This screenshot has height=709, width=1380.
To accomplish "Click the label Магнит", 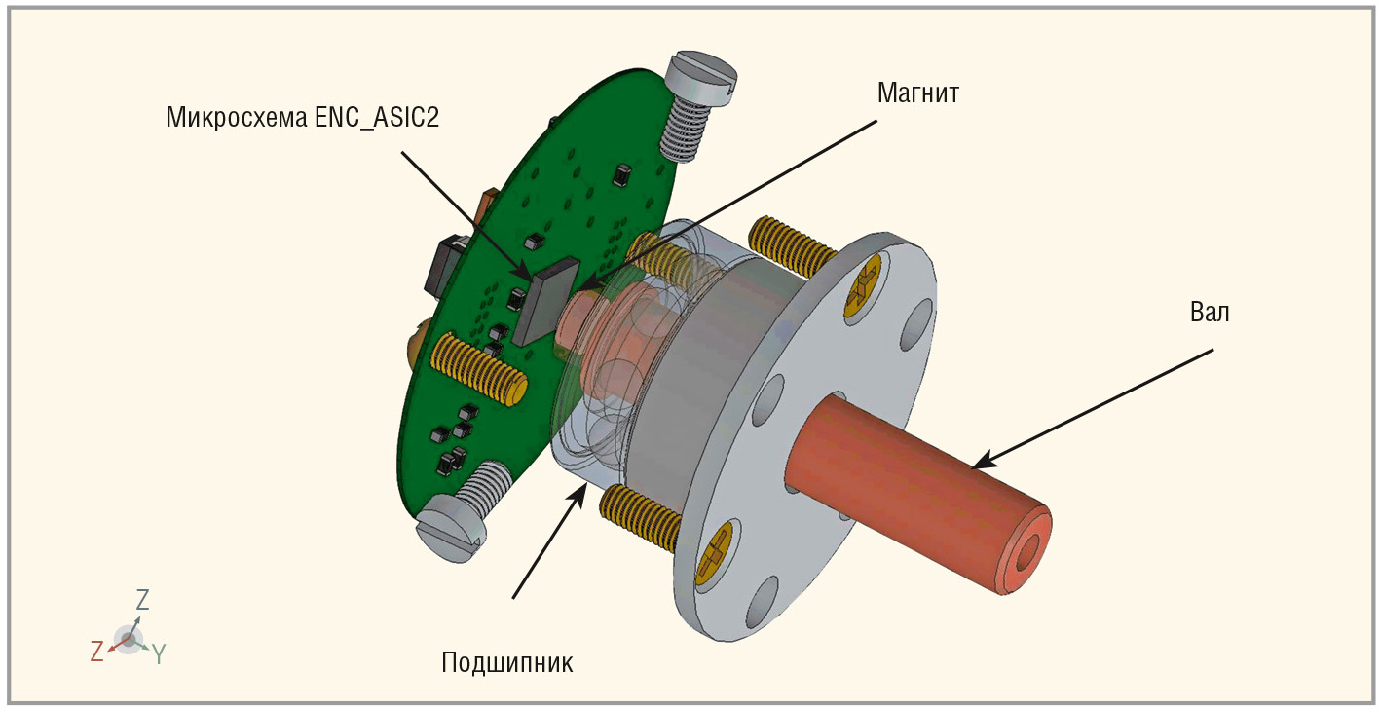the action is click(x=918, y=93).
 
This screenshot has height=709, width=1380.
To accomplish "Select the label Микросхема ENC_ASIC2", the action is click(x=303, y=117).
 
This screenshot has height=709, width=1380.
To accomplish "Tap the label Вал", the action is click(x=1210, y=313).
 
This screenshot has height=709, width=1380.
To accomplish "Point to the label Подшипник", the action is click(x=507, y=663).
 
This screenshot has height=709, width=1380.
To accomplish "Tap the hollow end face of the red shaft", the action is click(x=1026, y=549).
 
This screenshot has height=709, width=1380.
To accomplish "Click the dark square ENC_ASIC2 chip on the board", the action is click(x=546, y=301).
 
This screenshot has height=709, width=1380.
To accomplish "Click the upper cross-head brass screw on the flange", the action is click(x=862, y=286).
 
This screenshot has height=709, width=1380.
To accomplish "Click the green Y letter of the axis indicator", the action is click(x=159, y=654).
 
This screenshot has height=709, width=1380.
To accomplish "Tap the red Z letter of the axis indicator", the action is click(x=96, y=652).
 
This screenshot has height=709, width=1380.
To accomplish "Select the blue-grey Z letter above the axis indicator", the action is click(x=142, y=599).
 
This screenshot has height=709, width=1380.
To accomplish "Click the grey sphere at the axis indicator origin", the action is click(x=129, y=640).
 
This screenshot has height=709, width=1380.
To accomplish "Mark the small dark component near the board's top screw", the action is click(x=622, y=175).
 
